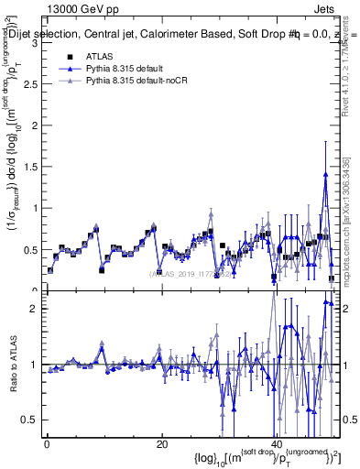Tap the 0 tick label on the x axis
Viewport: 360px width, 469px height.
[x=47, y=443]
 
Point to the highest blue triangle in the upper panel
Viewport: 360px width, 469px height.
[x=325, y=175]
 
